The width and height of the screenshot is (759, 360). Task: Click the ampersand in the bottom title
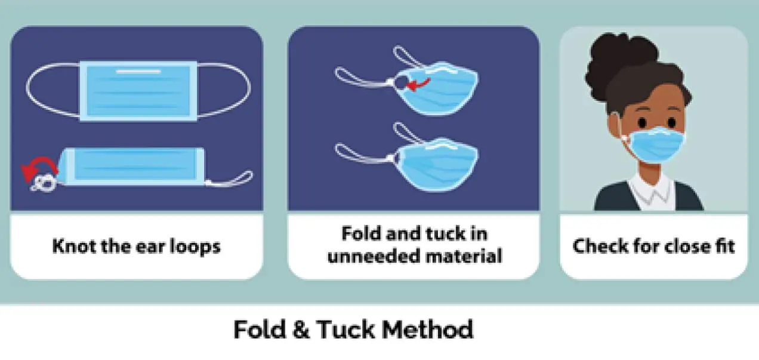coord(301,329)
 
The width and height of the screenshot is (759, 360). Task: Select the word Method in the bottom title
coord(427,329)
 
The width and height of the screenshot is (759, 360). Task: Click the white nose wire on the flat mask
coord(138,72)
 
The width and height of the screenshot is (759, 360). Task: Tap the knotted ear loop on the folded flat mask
coord(44,183)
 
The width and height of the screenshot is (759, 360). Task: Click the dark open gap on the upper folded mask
coord(401,82)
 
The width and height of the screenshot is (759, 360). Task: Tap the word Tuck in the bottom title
coord(345,329)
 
